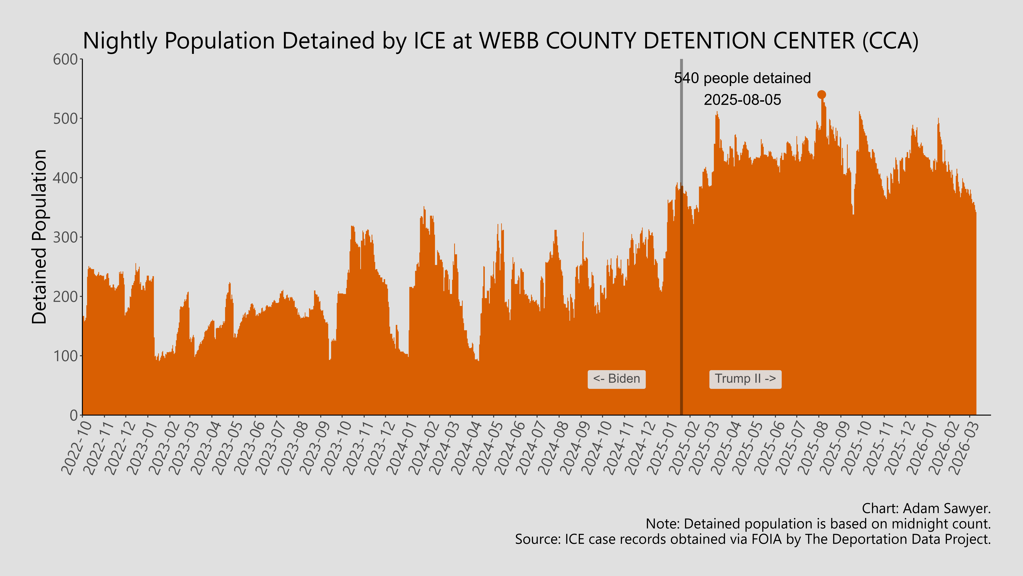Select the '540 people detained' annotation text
click(742, 78)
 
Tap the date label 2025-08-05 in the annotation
click(742, 100)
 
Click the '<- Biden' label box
click(616, 379)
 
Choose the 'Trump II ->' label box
click(745, 379)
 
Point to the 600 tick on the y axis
click(66, 60)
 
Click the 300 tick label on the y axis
click(66, 237)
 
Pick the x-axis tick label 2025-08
click(813, 448)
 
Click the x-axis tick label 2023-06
click(250, 448)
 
